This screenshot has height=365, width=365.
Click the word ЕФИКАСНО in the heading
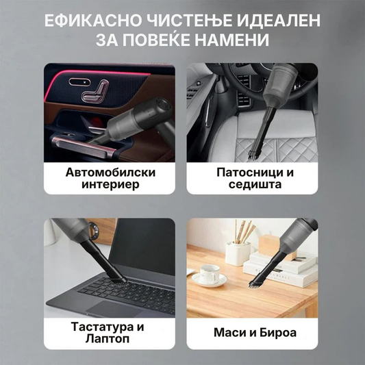(93, 21)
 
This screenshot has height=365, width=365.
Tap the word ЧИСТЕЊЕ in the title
(189, 21)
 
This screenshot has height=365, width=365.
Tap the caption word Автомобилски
(110, 173)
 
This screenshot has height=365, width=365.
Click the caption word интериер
(110, 185)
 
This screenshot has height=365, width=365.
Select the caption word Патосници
(247, 173)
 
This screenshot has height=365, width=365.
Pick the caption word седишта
(255, 185)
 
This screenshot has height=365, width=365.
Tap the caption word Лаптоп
(108, 339)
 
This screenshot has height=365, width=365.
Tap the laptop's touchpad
(114, 308)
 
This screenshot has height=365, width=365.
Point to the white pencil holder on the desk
(238, 253)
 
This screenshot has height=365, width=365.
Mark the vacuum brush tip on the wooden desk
(255, 285)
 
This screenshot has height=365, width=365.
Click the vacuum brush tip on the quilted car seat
(254, 154)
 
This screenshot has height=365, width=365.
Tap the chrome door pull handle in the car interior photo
(81, 146)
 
